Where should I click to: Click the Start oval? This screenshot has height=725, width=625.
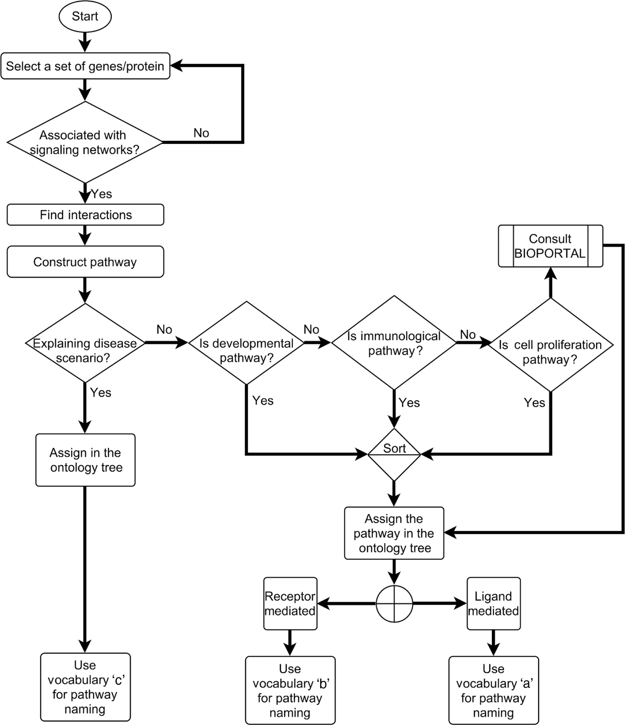[85, 16]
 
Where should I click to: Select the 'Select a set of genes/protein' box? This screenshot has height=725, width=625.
[85, 66]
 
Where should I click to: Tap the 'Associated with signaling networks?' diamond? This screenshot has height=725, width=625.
[85, 142]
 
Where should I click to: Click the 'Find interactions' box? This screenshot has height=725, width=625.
[85, 215]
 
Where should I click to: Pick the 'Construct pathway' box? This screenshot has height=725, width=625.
[85, 262]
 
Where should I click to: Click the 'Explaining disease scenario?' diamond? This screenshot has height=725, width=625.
[85, 343]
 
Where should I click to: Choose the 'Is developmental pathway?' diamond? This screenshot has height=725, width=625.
[246, 343]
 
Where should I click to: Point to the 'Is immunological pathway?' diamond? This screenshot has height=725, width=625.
[393, 343]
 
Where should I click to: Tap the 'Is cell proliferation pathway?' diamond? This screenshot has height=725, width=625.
[550, 345]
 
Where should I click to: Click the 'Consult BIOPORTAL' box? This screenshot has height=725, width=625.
[550, 246]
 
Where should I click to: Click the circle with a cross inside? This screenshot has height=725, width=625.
[394, 604]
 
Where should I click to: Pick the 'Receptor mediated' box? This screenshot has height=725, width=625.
[290, 603]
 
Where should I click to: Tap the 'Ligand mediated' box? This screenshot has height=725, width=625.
[493, 603]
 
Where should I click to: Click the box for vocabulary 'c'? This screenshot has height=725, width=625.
[85, 687]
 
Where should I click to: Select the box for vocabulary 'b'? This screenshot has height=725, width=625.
[290, 690]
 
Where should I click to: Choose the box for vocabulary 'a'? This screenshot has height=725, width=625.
[493, 690]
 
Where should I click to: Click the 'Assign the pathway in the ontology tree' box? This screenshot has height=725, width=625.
[394, 533]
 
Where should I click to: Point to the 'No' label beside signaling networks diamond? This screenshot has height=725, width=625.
[201, 133]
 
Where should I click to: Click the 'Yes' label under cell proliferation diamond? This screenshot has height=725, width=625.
[534, 403]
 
